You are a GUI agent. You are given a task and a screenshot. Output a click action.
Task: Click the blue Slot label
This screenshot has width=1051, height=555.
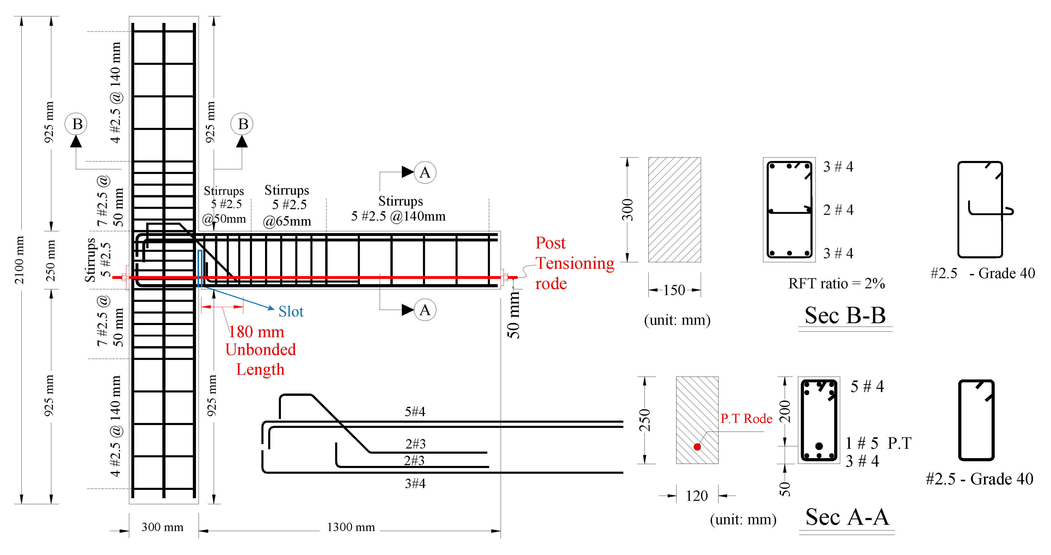(x=291, y=311)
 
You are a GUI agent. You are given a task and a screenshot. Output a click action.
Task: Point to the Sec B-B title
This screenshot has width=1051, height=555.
(x=845, y=316)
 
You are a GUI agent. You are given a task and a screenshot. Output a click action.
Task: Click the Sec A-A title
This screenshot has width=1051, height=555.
(x=847, y=517)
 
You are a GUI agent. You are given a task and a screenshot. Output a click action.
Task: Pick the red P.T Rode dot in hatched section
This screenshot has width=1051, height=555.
(x=697, y=447)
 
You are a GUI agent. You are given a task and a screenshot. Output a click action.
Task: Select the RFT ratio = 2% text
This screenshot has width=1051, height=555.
(x=836, y=283)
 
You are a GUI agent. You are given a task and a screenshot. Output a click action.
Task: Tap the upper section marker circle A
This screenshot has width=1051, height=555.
(x=425, y=172)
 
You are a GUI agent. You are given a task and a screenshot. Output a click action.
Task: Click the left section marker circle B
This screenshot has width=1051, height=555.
(x=77, y=124)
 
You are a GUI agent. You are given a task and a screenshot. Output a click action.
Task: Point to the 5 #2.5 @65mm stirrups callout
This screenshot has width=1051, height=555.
(x=287, y=205)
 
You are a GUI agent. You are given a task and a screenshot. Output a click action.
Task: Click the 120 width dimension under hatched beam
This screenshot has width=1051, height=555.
(x=696, y=496)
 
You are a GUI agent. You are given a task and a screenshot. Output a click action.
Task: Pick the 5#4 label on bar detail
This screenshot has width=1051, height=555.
(x=415, y=412)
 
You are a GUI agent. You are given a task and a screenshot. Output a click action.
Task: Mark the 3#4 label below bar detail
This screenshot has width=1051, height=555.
(x=415, y=484)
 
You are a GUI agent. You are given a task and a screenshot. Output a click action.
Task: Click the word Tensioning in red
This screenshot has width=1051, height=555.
(x=574, y=263)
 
